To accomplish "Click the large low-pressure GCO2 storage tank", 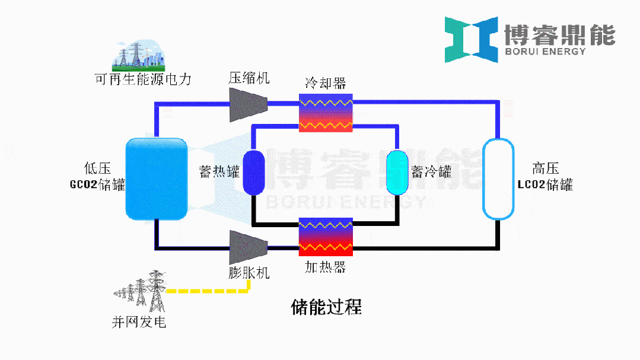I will click(x=157, y=177).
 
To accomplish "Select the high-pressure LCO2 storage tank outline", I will click(x=498, y=179).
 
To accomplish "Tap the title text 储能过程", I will click(x=326, y=307).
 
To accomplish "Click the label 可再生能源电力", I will click(x=144, y=79).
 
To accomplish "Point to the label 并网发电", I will click(x=139, y=322).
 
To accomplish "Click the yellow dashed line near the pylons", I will click(x=208, y=291).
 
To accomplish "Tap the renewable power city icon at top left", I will click(x=139, y=55).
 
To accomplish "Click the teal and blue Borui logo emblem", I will click(x=472, y=40).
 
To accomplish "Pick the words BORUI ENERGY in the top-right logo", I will click(x=545, y=52).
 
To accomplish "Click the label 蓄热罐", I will click(x=219, y=172).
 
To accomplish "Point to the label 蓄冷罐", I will click(x=431, y=172).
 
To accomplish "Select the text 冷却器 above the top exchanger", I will click(x=326, y=82).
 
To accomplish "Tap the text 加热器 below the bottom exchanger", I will click(x=325, y=267).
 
